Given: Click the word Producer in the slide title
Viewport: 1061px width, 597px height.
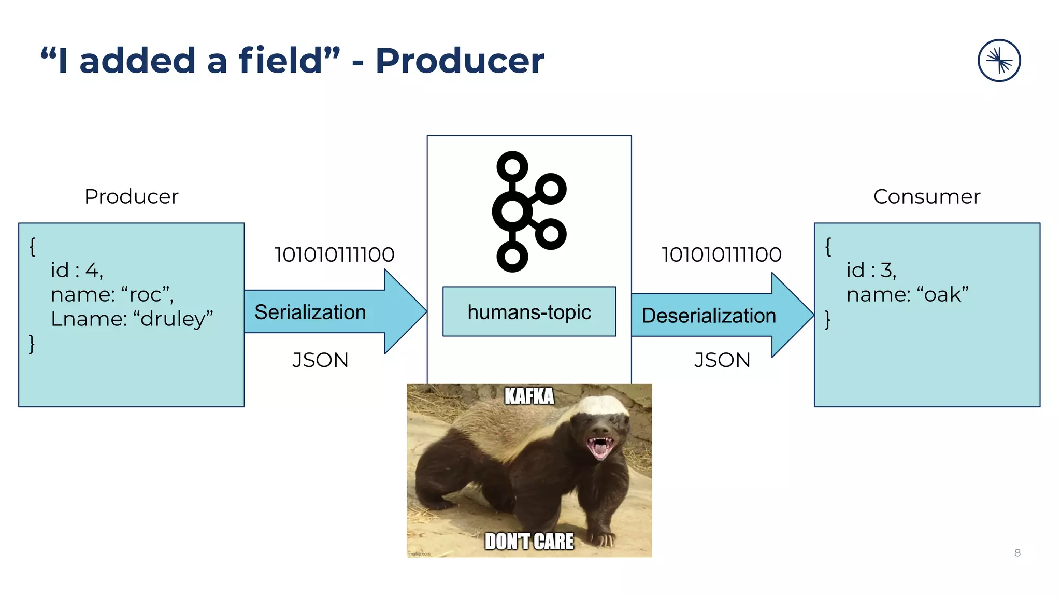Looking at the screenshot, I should coord(460,61).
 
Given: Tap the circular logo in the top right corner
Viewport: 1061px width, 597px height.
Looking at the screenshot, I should coord(999,61).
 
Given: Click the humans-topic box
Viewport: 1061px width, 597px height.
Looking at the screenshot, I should coord(529,312).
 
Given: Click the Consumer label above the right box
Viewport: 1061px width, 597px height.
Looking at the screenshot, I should coord(926,197).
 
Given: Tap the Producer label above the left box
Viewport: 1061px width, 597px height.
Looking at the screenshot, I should coord(132,197).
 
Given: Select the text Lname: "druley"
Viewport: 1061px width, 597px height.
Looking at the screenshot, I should coord(132,319).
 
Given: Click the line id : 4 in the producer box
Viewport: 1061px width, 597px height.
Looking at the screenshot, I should coord(77,270).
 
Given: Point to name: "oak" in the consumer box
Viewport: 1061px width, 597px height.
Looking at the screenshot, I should coord(907,294).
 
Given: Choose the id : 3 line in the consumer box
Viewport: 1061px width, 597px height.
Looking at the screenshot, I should coord(871,270).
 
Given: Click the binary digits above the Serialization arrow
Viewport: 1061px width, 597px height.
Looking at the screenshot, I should coord(334,254).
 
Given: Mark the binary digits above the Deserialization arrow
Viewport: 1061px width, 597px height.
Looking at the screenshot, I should coord(721,254).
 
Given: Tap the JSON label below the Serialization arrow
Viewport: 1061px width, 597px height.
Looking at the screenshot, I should coord(320,360).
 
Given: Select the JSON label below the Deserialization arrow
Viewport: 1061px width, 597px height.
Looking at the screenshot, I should coord(722,360).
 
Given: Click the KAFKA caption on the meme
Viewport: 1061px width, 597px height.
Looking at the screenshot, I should coord(529,396).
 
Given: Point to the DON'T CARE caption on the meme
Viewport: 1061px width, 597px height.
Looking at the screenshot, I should coord(529,542).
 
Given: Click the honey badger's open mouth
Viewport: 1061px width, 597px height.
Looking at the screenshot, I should coord(600,447).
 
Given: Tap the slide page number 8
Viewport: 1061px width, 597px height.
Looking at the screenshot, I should coord(1017,553).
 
